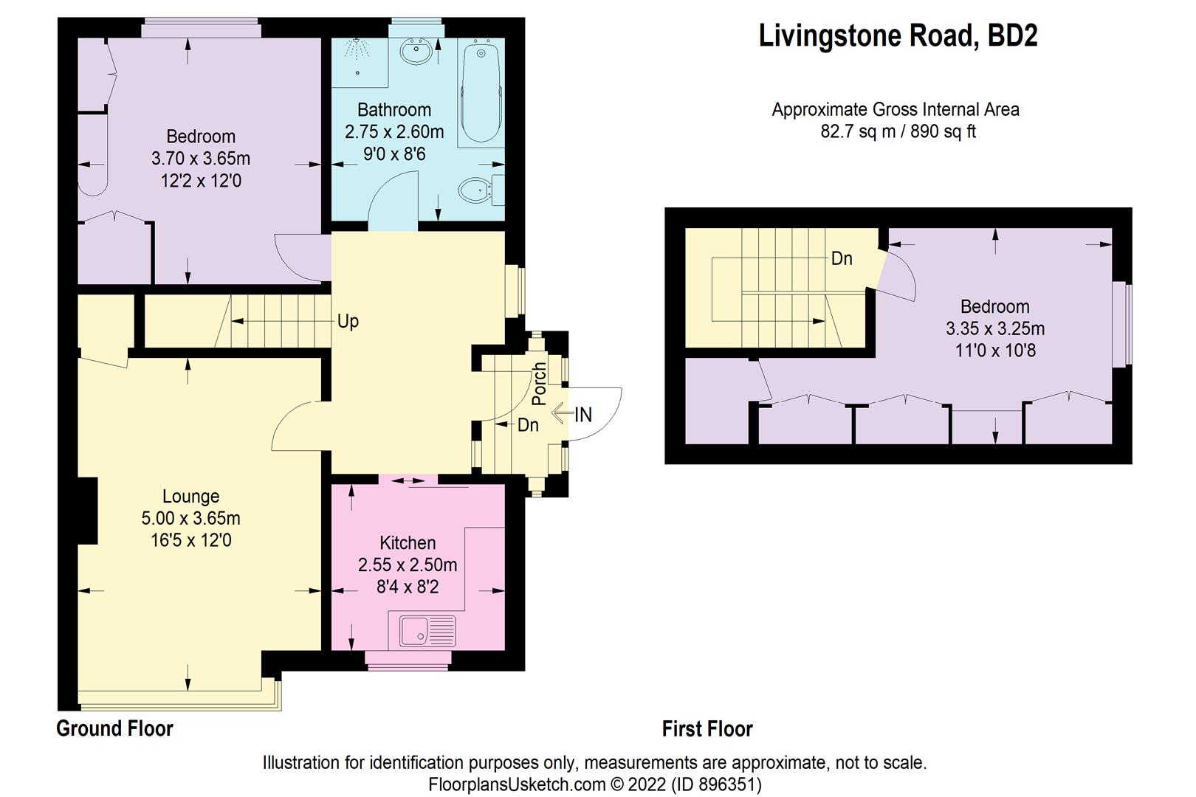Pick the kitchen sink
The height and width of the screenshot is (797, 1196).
427,632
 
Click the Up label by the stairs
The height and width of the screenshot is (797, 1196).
348,321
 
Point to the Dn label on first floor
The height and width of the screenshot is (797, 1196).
842,258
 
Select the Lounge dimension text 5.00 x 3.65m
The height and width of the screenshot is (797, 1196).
190,519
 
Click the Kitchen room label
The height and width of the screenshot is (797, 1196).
408,543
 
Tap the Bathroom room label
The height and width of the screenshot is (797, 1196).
394,110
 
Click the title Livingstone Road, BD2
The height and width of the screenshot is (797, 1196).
898,35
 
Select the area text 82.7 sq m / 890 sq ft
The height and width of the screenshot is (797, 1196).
898,132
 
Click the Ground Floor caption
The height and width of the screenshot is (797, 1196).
114,728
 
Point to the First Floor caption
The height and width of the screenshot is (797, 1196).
707,729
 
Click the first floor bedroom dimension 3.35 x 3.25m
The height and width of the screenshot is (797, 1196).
994,328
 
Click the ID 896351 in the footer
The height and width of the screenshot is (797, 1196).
716,784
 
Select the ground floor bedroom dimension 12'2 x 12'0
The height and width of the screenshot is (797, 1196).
201,180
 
